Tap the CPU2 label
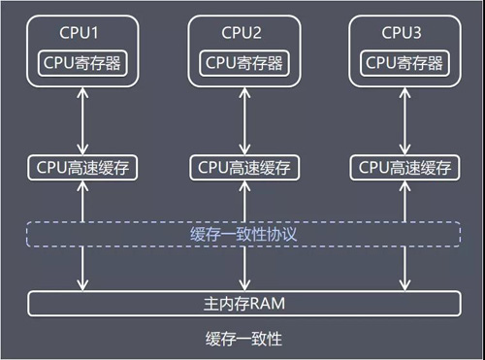pyautogui.click(x=242, y=32)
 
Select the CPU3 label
pyautogui.click(x=403, y=32)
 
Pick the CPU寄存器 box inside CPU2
pyautogui.click(x=242, y=62)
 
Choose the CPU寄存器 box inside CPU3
pyautogui.click(x=403, y=62)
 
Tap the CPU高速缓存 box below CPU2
pyautogui.click(x=242, y=167)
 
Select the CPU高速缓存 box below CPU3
pyautogui.click(x=403, y=167)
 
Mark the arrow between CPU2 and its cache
pyautogui.click(x=242, y=122)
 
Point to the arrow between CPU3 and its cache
pyautogui.click(x=403, y=122)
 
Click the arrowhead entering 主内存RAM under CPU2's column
pyautogui.click(x=242, y=285)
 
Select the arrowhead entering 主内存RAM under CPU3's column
pyautogui.click(x=403, y=285)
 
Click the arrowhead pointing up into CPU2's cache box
pyautogui.click(x=242, y=184)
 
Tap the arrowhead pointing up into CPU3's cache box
pyautogui.click(x=403, y=184)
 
